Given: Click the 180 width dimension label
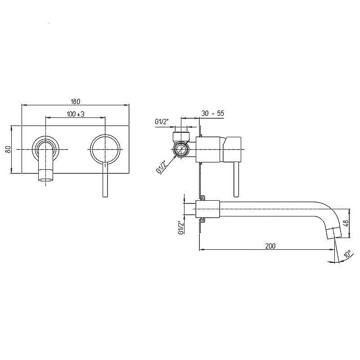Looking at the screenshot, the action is point(75,101).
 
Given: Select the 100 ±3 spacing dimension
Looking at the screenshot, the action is point(76,114).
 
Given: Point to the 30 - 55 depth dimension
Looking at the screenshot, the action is point(212,113).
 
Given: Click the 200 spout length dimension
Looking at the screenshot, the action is point(270,246).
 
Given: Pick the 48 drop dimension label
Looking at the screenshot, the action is point(346,223).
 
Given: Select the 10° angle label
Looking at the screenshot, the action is point(347,254).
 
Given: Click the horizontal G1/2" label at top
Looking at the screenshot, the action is point(162,122).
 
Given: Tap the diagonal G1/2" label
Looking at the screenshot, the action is point(162,167).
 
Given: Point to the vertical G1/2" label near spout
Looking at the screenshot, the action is point(181,228).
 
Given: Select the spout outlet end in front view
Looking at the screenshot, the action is point(46,175).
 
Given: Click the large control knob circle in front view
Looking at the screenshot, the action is point(105,149).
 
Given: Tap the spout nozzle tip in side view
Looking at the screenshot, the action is point(334,233).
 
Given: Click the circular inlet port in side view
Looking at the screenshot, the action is point(181,149).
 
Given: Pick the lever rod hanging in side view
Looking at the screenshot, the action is point(237,180).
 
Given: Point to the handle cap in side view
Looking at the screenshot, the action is point(232,149).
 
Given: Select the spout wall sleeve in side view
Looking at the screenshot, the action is point(207,209).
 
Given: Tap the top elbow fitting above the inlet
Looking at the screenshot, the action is point(181,137).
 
